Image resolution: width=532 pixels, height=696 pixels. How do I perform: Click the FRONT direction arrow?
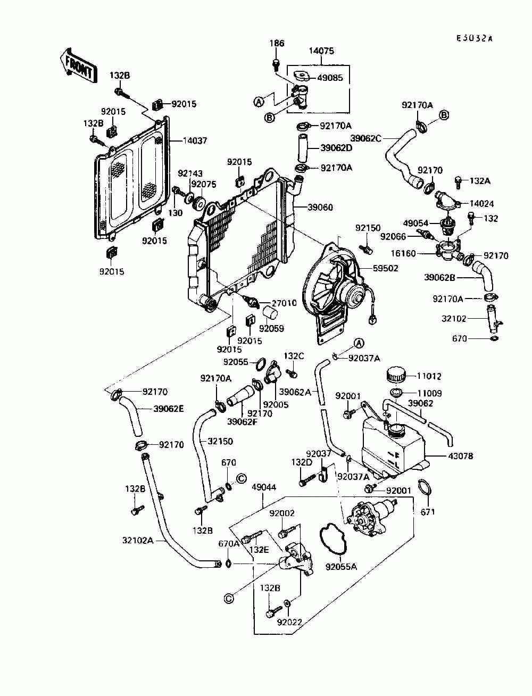tap(78, 67)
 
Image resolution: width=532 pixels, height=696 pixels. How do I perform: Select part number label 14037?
tap(195, 140)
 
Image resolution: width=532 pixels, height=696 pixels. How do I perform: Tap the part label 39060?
tap(320, 208)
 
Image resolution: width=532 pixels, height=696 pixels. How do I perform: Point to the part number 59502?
tap(385, 268)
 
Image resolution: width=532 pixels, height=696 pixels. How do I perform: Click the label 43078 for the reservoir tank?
tap(460, 456)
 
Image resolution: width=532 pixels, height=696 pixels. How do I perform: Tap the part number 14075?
tap(321, 51)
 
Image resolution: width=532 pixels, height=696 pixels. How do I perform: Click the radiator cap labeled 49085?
tap(302, 77)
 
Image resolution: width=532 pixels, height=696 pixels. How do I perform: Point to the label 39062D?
tap(336, 148)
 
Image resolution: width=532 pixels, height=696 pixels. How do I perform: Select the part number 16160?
tap(403, 253)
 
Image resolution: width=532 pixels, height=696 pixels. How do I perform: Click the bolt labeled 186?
tap(276, 65)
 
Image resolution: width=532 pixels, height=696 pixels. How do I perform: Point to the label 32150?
tap(220, 441)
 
